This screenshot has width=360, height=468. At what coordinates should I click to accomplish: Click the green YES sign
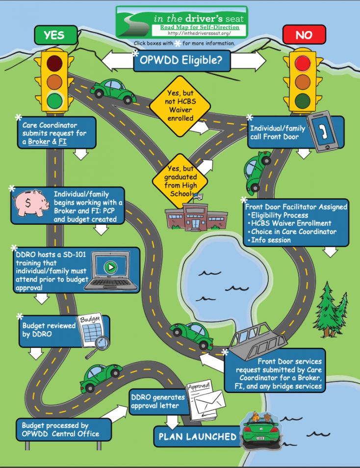point(54,35)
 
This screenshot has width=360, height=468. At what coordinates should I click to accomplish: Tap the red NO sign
point(304,35)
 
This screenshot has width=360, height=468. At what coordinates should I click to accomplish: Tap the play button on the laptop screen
point(111,268)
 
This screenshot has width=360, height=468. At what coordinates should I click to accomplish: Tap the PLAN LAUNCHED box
point(197,436)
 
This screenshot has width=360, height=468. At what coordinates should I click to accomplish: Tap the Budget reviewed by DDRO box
point(50,330)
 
